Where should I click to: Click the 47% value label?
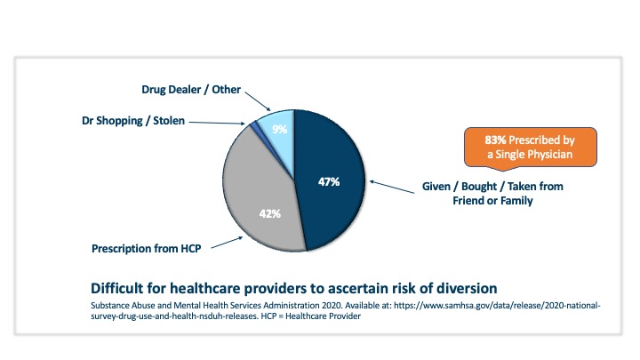[328, 182]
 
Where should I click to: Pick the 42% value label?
[269, 213]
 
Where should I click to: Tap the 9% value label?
[279, 130]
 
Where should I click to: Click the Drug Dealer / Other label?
[192, 89]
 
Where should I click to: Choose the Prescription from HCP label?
[146, 247]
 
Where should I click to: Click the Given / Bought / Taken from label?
[491, 187]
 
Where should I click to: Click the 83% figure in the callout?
[496, 140]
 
